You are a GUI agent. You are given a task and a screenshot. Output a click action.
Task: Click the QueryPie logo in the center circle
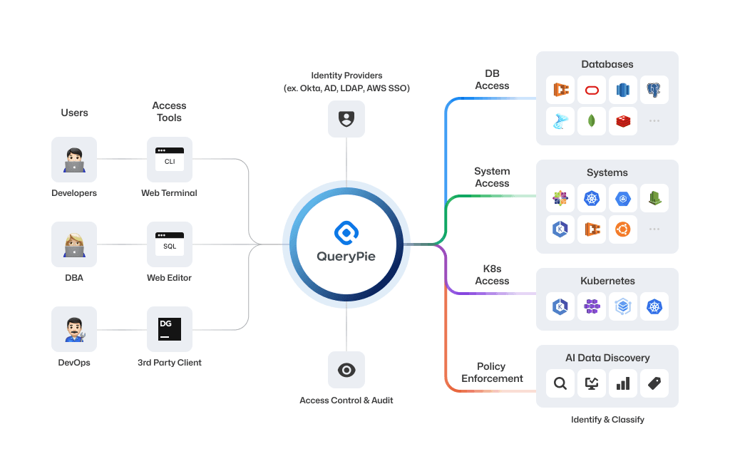pos(346,233)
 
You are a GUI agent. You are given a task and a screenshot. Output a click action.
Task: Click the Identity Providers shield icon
pos(346,119)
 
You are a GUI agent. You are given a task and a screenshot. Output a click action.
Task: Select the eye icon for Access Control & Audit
pos(346,370)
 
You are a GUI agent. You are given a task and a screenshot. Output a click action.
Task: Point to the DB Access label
pos(492,80)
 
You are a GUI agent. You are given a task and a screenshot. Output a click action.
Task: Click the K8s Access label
pos(492,275)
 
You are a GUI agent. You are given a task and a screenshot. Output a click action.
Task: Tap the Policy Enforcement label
pos(492,373)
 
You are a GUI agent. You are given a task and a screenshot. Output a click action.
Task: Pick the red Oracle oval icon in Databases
pos(592,90)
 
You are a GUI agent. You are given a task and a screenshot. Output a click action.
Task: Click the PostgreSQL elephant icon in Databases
pos(654,90)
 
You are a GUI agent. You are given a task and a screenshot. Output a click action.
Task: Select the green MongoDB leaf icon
pos(592,121)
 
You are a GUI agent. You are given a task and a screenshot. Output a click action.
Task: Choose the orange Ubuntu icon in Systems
pos(622,229)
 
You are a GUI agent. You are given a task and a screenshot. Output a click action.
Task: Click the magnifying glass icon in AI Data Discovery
pos(560,383)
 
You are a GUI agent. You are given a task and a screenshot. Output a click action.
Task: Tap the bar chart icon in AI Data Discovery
pos(622,383)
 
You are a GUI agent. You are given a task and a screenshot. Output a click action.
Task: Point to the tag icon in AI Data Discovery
pos(654,383)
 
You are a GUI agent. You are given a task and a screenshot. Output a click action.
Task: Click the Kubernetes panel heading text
pos(607,281)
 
